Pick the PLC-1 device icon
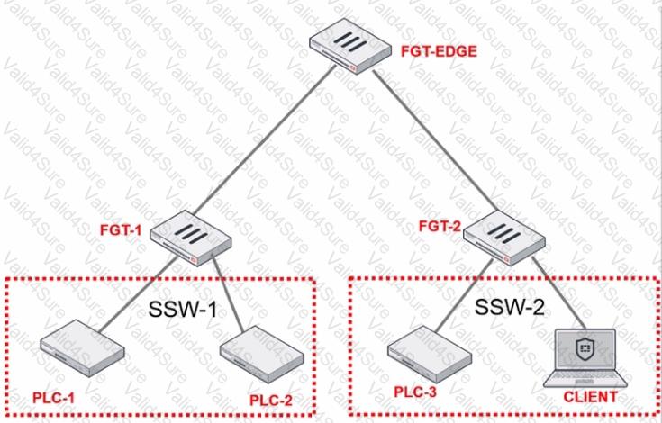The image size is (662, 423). click(x=80, y=345)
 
